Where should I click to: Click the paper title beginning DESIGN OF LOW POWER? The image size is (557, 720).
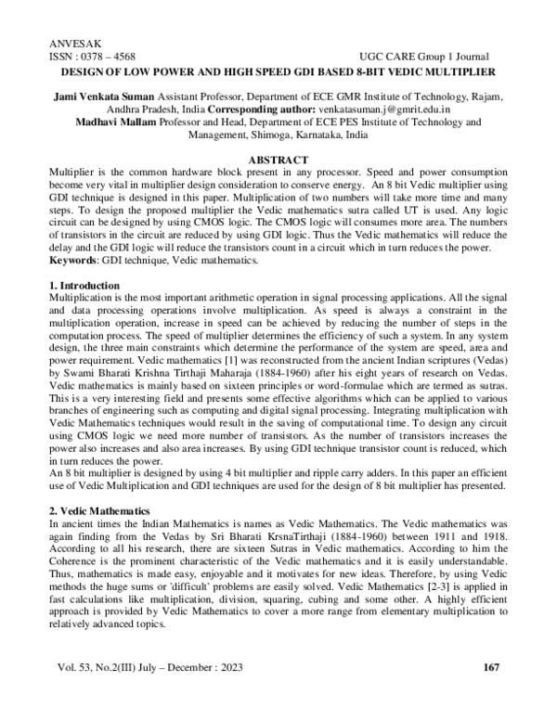(278, 71)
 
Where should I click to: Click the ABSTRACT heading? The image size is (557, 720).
(278, 160)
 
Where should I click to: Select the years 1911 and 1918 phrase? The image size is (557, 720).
(460, 536)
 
